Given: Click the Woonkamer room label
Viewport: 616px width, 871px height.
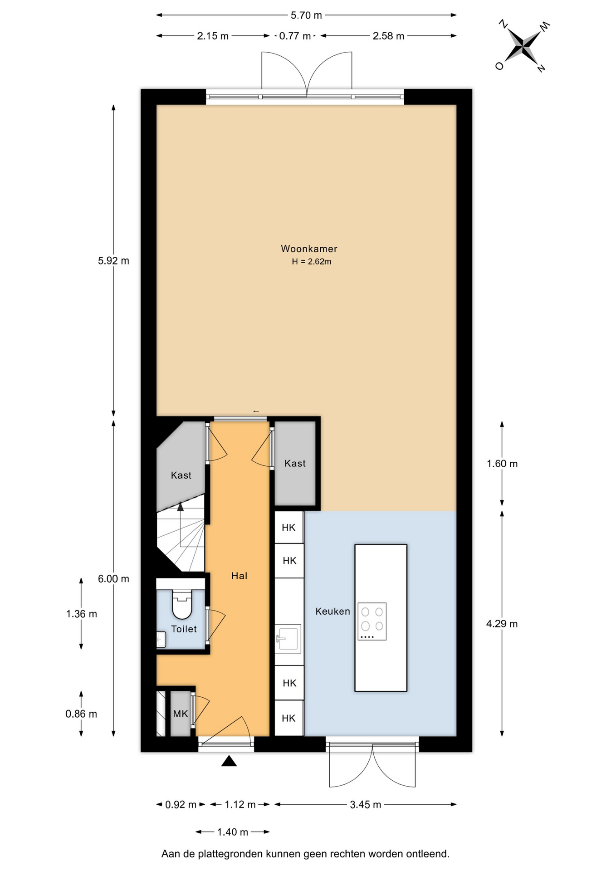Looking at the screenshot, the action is [x=309, y=249].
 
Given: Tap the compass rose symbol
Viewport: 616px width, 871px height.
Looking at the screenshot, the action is [x=523, y=46].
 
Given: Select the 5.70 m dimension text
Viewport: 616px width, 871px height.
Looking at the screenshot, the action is [x=306, y=15].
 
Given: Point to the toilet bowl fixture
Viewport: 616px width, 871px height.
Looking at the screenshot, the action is [x=182, y=605].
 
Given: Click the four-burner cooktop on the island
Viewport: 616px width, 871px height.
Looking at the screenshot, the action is [x=372, y=621].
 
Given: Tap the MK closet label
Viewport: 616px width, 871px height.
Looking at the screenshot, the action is [x=181, y=714].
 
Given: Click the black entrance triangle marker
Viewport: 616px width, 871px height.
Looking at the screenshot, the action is [x=229, y=761].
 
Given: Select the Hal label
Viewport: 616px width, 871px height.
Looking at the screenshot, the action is [x=240, y=576].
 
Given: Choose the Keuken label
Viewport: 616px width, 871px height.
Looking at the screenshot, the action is [x=332, y=612].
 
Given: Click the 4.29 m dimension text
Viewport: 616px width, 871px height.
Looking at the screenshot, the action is [x=502, y=624].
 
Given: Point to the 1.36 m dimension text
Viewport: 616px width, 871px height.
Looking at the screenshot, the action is [x=82, y=614].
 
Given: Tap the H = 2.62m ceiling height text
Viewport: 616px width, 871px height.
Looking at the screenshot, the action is [x=312, y=262].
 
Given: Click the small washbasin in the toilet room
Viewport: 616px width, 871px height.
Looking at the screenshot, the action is [x=161, y=639].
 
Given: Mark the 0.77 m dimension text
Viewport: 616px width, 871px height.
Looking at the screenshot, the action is [x=295, y=36].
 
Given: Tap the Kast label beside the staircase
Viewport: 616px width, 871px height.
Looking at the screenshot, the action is [x=181, y=475].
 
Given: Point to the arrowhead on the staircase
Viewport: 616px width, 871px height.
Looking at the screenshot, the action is [x=181, y=506].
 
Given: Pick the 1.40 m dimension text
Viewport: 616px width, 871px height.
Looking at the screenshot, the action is [x=233, y=832].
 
